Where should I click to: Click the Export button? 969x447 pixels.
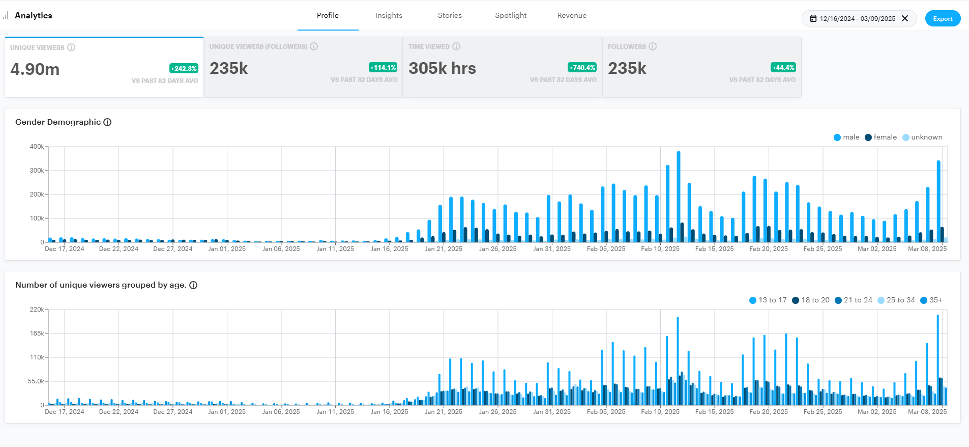[943, 19]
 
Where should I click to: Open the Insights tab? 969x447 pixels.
[389, 16]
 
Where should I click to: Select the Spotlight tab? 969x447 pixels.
[511, 16]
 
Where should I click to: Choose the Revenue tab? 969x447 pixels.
[572, 16]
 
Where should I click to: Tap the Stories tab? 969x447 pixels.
[450, 16]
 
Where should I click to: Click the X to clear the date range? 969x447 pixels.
[905, 19]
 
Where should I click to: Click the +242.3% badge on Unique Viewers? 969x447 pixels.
[184, 69]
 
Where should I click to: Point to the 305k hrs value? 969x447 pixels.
[442, 68]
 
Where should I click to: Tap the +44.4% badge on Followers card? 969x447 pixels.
[783, 68]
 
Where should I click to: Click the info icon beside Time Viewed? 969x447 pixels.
[456, 47]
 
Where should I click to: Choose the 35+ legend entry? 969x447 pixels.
[931, 300]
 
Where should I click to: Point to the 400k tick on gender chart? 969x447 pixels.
[37, 147]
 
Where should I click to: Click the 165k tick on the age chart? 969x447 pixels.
[37, 333]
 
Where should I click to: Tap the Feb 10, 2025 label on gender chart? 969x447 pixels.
[660, 249]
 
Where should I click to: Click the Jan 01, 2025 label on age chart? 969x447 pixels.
[227, 412]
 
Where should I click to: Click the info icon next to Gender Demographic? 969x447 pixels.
[107, 122]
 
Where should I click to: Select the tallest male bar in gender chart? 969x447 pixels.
[678, 196]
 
